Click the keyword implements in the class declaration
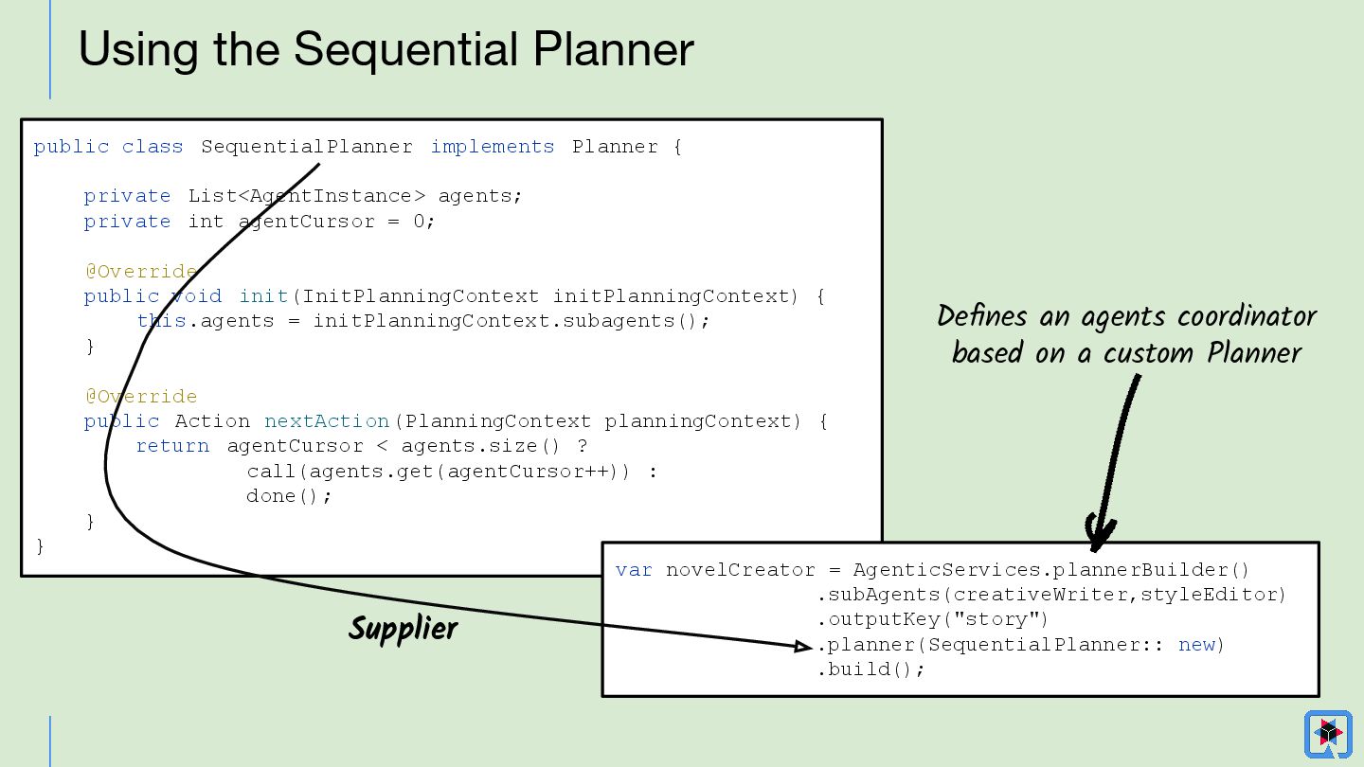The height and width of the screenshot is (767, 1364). click(x=493, y=147)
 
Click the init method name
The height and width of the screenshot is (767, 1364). click(x=264, y=296)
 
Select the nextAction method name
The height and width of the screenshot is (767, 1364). click(x=327, y=421)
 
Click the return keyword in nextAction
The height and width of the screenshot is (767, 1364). click(x=172, y=446)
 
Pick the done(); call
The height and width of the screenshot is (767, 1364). click(x=289, y=496)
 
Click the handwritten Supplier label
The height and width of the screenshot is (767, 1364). click(x=404, y=629)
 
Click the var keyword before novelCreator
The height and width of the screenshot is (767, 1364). click(x=634, y=570)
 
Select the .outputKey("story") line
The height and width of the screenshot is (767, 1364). click(x=933, y=620)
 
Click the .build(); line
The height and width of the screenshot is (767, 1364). click(x=870, y=669)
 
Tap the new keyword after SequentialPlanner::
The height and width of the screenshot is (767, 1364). click(x=1196, y=645)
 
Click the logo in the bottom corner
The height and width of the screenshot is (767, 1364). click(x=1328, y=734)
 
